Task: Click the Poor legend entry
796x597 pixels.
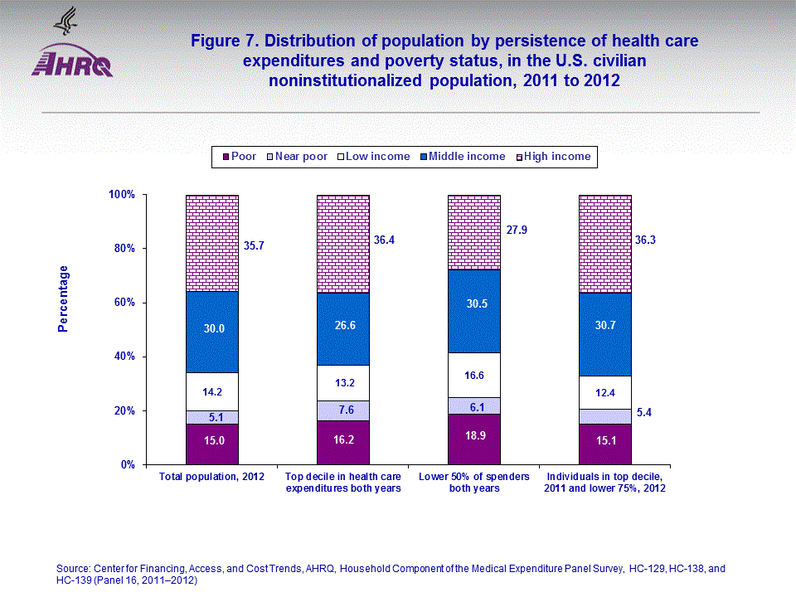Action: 238,156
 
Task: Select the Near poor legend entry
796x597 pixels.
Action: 296,156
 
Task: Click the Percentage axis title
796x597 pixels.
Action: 63,298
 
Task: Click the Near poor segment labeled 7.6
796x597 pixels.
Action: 343,410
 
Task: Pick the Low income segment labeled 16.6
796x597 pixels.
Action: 473,375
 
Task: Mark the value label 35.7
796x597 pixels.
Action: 255,245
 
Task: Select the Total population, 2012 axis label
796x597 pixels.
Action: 212,477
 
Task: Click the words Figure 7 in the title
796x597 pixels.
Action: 218,41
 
